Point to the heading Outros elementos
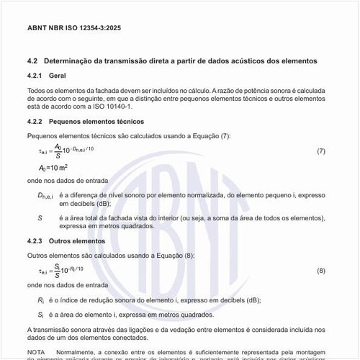click(77, 241)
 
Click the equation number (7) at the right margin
click(321, 150)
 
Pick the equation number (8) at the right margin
click(321, 270)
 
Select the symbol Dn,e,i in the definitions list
click(45, 195)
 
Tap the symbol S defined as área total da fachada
click(40, 217)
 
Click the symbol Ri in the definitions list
click(41, 300)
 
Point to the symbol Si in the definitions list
click(41, 315)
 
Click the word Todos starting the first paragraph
click(36, 90)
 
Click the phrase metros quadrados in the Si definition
click(186, 315)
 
